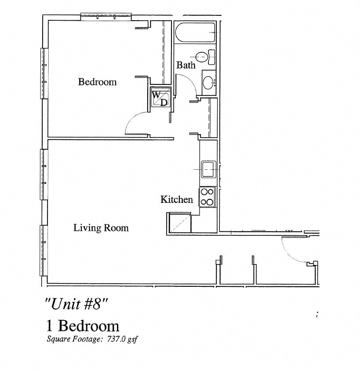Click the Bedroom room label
coord(97,82)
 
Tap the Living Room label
coord(101,228)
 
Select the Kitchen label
coord(177,200)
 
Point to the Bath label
coord(186,65)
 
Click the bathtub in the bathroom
coord(195,32)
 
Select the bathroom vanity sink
coord(209,82)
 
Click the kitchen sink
coord(208,169)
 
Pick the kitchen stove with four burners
coord(207,197)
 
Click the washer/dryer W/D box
coord(160,98)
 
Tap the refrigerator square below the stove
coord(180,222)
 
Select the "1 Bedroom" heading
coord(83,326)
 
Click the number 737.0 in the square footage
coord(116,339)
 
